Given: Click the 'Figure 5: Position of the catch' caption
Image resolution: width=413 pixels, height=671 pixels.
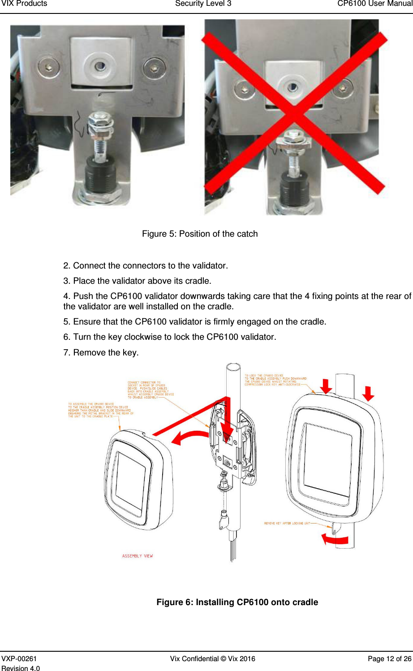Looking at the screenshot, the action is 200,234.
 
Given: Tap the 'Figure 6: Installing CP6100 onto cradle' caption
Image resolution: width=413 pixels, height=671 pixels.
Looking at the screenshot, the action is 237,602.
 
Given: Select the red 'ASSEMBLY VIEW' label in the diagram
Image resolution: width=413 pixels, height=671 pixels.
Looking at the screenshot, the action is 138,556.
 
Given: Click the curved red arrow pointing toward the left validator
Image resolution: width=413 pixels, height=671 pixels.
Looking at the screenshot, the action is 190,437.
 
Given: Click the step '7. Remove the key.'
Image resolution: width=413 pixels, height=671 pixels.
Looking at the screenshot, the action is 101,352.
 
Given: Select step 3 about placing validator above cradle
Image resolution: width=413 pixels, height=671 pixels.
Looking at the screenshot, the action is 137,281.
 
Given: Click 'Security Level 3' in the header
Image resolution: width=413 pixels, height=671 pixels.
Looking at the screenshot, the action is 203,4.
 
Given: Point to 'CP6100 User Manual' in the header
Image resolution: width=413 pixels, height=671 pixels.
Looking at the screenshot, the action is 374,4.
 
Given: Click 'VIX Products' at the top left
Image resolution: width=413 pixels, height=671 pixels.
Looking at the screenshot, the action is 24,4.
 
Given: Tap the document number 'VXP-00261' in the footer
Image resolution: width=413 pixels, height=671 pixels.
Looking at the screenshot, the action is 19,658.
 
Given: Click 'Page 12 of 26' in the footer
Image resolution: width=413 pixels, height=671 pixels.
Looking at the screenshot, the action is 389,658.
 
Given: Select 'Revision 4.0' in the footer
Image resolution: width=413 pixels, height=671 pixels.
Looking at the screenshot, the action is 21,668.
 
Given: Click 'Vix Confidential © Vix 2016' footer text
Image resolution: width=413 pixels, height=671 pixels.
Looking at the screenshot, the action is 212,658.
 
